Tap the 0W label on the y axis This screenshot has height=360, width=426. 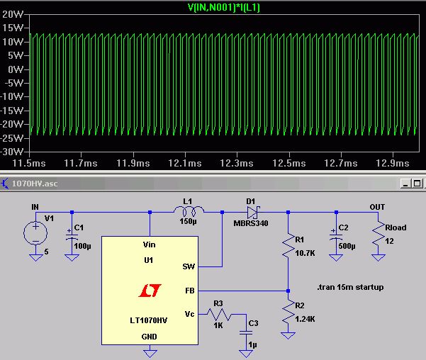click(16, 70)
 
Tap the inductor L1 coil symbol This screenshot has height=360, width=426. click(188, 211)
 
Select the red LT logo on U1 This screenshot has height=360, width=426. click(150, 291)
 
